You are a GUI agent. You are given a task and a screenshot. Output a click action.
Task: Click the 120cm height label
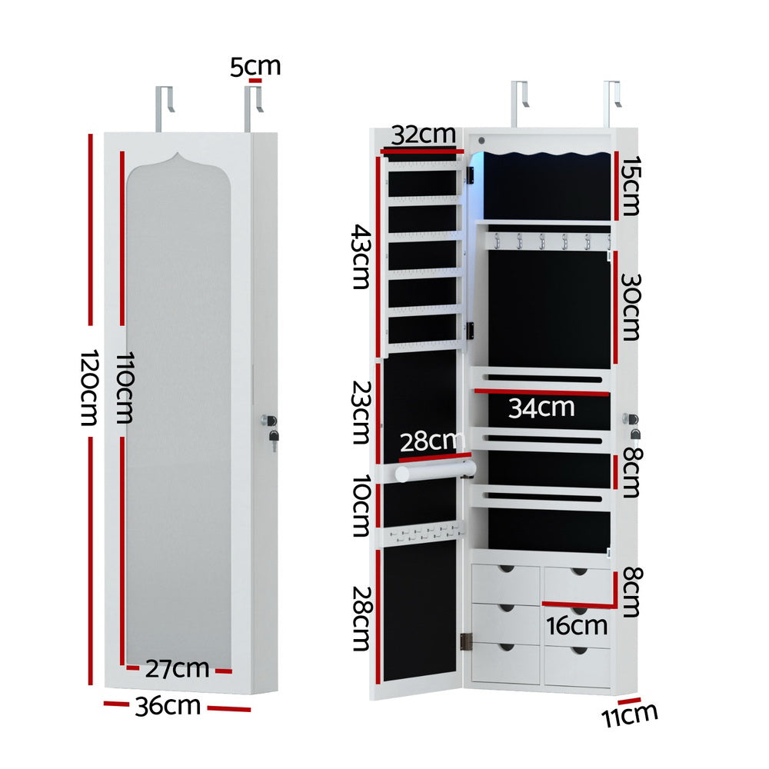92,388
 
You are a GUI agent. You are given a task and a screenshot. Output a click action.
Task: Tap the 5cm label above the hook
255,66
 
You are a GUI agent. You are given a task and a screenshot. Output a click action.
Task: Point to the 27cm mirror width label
178,668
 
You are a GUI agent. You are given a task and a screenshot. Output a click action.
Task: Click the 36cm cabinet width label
168,705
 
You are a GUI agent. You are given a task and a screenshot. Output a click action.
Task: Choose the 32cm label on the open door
423,135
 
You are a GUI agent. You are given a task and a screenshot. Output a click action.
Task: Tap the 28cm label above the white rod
432,442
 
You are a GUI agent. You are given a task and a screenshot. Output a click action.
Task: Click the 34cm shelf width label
541,407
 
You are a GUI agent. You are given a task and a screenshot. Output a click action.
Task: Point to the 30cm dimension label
631,306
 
